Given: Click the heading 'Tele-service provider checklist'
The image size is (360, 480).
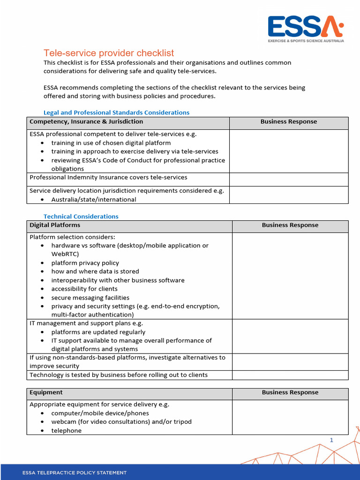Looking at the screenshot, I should click(x=109, y=53).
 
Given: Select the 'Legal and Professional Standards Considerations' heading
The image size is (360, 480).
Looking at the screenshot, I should click(x=116, y=112).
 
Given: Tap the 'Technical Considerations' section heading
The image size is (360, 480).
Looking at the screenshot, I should click(x=81, y=216).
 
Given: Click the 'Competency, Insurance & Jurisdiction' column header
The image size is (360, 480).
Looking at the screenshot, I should click(x=86, y=122).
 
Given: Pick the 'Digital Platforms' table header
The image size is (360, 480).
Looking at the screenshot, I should click(x=55, y=225).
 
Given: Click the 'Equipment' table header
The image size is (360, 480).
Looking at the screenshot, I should click(x=46, y=392).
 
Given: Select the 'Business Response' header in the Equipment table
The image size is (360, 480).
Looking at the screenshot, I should click(x=290, y=392).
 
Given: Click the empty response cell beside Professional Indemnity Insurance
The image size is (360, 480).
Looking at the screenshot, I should click(x=288, y=179).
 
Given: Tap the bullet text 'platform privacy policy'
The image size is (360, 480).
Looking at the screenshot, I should click(x=85, y=263).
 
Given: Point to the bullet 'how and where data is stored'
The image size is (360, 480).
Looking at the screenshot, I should click(x=95, y=271).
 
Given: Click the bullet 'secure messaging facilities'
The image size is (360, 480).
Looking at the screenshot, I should click(x=90, y=298).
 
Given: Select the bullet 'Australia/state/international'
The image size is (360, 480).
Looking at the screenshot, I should click(x=94, y=199).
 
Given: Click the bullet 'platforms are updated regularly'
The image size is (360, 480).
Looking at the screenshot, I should click(x=98, y=332).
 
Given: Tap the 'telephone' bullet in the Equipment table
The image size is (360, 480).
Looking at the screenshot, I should click(x=66, y=430).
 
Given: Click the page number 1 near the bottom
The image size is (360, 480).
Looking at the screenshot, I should click(x=331, y=440).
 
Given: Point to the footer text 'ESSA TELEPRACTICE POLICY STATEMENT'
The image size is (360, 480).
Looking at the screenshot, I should click(x=75, y=472).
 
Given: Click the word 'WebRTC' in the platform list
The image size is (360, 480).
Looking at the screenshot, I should click(x=65, y=254).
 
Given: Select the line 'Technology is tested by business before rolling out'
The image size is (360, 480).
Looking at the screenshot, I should click(x=119, y=375).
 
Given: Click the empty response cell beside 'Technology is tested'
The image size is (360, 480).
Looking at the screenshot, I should click(x=290, y=375).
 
